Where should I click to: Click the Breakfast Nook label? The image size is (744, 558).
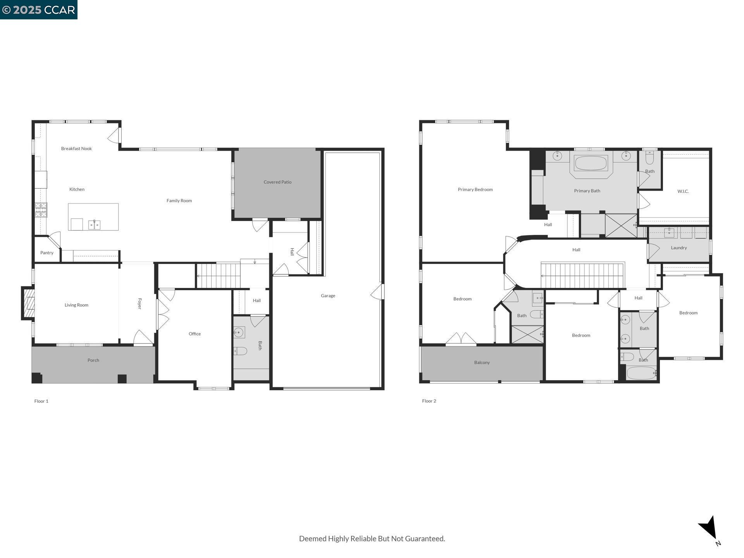click(x=76, y=148)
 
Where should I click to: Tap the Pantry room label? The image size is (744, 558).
click(x=47, y=253)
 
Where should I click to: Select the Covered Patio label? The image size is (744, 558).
click(x=277, y=182)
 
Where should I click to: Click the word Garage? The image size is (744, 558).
click(x=328, y=296)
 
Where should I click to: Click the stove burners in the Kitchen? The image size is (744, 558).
click(x=41, y=210)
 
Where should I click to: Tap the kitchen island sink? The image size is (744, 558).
click(x=94, y=225)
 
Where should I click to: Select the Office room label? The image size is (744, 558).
click(x=195, y=334)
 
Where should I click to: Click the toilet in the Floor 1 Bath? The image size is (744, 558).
click(x=240, y=351)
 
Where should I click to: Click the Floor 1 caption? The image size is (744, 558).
click(x=41, y=401)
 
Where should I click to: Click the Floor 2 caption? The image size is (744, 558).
click(x=429, y=401)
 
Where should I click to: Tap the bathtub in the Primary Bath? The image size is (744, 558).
click(x=591, y=163)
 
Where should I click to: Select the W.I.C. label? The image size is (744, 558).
click(x=683, y=191)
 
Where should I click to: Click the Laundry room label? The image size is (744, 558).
click(x=679, y=248)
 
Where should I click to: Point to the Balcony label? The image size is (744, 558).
click(x=482, y=363)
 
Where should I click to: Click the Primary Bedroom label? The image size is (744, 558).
click(x=475, y=189)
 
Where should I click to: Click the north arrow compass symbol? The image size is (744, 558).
click(x=709, y=528)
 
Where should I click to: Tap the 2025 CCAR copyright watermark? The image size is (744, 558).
click(x=39, y=10)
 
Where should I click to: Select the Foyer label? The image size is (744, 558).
click(x=139, y=303)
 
